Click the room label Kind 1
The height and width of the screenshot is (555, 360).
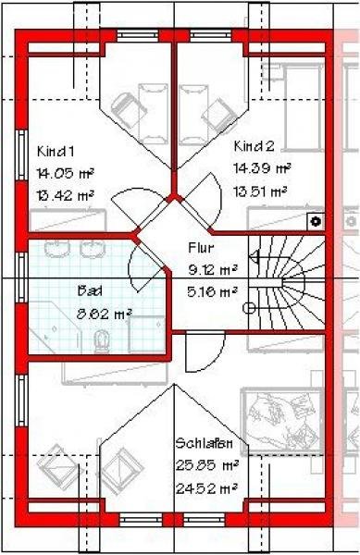click(55, 151)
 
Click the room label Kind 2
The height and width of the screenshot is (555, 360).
click(254, 146)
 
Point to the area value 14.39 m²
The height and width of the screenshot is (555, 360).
click(262, 169)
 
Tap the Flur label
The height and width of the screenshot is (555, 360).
click(201, 248)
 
